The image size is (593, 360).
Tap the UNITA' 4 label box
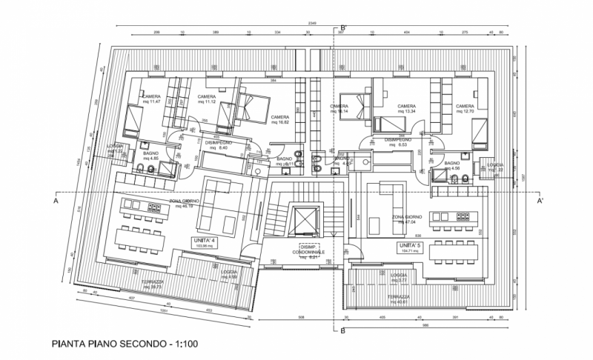[x=205, y=244]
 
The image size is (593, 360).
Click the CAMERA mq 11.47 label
[x=152, y=100]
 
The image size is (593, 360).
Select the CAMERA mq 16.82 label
[x=279, y=119]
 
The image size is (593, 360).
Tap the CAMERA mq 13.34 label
[x=406, y=110]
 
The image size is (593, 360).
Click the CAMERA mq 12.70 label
[x=465, y=110]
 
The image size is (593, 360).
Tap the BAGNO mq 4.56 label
[x=453, y=166]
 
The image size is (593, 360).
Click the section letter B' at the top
[x=343, y=27]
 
